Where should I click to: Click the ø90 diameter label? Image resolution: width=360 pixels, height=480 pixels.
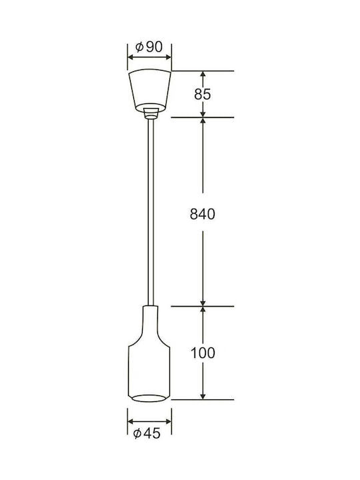tap(149, 47)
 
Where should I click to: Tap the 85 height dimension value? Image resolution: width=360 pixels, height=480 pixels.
tap(203, 94)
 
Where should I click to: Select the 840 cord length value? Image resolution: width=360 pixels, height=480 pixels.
tap(203, 214)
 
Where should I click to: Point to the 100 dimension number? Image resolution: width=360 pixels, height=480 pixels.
tap(203, 353)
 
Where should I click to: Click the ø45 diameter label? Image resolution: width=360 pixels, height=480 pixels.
tap(147, 433)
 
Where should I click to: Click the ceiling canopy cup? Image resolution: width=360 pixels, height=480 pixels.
tap(150, 90)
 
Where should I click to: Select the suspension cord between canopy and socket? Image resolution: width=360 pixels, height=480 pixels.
tap(151, 212)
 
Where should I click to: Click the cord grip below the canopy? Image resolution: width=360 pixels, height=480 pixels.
tap(151, 113)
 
